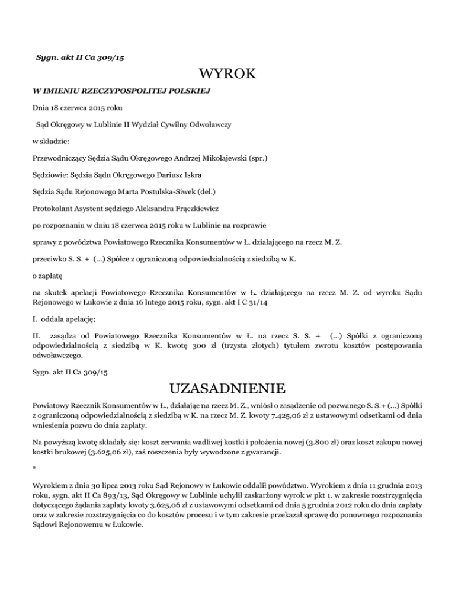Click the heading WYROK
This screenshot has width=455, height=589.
(227, 75)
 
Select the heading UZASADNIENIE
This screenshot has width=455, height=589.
(227, 390)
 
